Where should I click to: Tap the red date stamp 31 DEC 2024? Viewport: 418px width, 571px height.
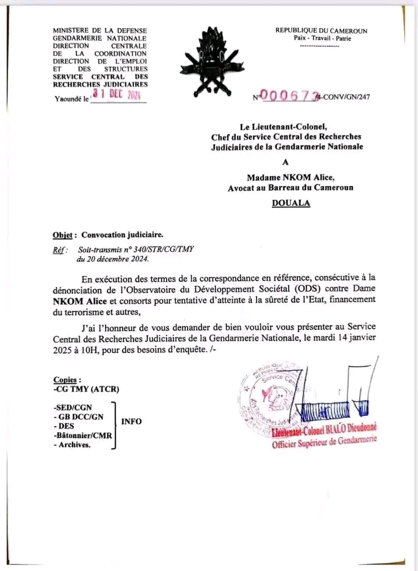[117, 95]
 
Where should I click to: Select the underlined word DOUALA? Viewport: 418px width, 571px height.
[291, 203]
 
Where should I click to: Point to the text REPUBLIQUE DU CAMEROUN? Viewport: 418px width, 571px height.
[321, 31]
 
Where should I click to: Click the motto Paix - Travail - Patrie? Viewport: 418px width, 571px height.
[321, 38]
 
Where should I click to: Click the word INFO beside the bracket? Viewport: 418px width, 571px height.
[131, 421]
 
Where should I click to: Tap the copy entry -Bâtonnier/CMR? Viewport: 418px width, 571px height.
[85, 436]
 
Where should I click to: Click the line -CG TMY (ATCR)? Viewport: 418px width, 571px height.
[86, 389]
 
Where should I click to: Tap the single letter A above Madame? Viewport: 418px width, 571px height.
[284, 163]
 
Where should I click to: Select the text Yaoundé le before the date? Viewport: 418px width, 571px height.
[71, 99]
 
